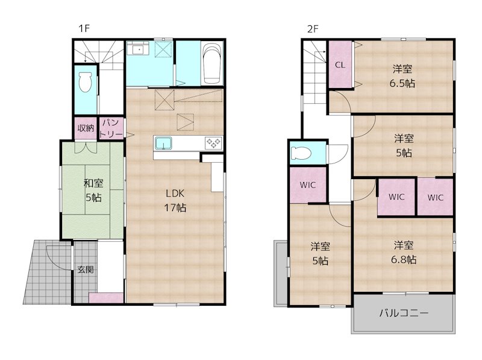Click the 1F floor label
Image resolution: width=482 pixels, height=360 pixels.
83,28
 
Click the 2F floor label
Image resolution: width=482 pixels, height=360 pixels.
312,28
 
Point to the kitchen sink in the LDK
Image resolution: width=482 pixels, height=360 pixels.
163,143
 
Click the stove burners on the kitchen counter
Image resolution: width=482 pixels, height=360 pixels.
213,143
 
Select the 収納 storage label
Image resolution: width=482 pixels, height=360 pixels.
85,128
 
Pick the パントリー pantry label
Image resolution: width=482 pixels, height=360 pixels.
112,128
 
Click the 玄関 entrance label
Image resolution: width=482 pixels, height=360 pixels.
84,270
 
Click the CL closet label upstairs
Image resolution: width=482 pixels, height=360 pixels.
340,65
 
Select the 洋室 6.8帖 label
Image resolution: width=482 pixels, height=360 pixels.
404,253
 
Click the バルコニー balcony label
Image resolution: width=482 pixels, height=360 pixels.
404,313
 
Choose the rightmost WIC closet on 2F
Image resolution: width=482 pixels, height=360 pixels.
436,197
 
